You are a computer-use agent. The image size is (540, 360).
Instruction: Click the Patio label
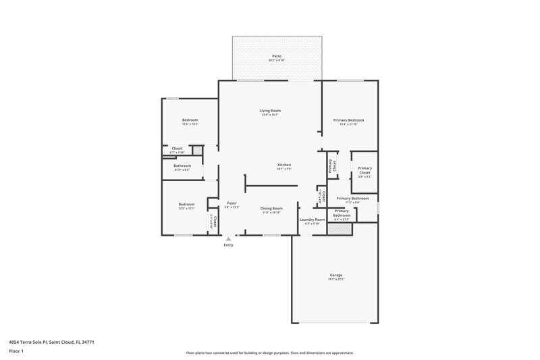(x=277, y=56)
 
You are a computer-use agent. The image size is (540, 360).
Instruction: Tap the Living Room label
(x=270, y=110)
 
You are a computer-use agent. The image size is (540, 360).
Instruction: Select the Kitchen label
(x=284, y=165)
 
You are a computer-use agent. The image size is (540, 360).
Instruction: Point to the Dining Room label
(x=271, y=208)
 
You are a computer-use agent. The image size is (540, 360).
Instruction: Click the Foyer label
(x=232, y=203)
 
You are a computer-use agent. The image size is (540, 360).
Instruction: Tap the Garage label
(x=336, y=275)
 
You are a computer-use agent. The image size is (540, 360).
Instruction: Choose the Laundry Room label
(x=312, y=220)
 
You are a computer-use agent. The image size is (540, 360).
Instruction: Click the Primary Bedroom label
(x=349, y=120)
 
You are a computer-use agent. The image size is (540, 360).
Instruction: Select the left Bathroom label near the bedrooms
(x=182, y=165)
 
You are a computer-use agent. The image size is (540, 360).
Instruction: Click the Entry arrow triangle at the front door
(x=229, y=238)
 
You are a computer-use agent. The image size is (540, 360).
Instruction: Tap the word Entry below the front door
(x=229, y=245)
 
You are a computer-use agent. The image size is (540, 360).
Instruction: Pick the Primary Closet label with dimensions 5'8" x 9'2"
(x=364, y=170)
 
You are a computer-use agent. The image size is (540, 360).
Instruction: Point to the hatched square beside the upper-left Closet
(x=198, y=150)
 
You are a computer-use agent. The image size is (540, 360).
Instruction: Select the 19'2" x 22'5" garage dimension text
(x=336, y=280)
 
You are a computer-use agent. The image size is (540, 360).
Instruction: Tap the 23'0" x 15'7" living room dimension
(x=270, y=115)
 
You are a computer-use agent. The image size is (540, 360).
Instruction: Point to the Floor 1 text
(x=17, y=352)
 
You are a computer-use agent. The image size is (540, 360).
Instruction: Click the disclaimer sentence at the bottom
(x=269, y=353)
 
